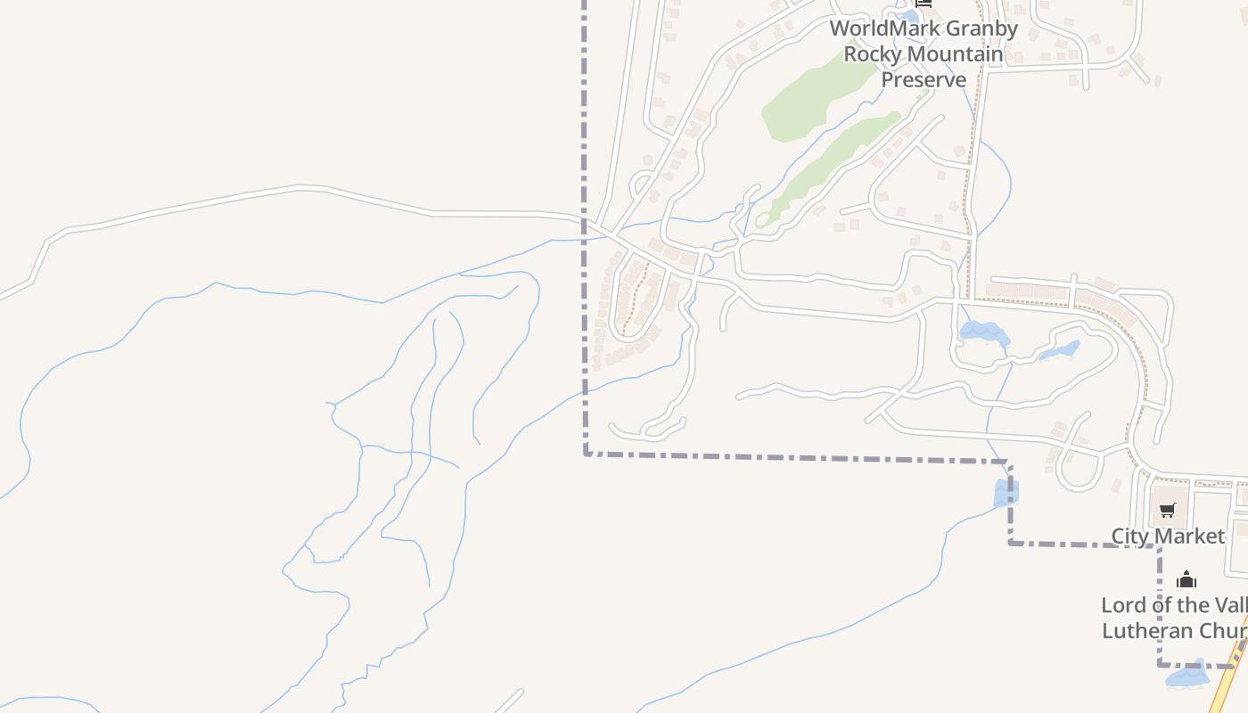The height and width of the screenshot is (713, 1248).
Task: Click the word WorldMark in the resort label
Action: pos(879,29)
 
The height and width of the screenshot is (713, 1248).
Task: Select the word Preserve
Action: pos(924,79)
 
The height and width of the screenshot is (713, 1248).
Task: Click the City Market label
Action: pos(1168,536)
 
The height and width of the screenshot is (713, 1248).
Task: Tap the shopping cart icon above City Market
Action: pos(1168,510)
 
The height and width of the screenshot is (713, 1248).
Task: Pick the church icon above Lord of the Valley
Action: pos(1186,579)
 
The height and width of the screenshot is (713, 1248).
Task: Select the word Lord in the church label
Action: pos(1121,605)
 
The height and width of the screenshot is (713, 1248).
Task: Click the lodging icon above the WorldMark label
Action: pos(924,4)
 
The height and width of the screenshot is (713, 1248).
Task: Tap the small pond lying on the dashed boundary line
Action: pos(1006,493)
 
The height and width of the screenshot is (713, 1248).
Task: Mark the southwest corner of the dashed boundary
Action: pos(586,454)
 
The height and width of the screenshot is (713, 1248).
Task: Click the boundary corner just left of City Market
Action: pos(1010,542)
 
